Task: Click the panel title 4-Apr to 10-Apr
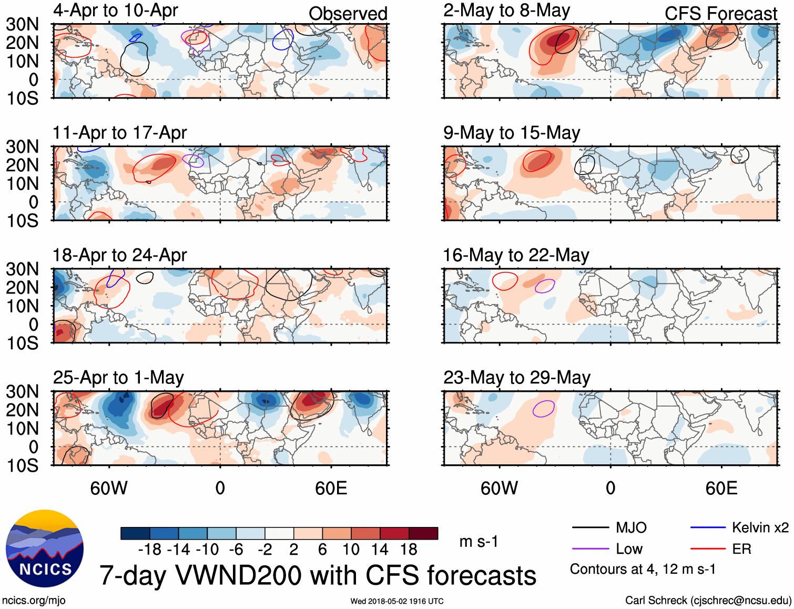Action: tap(115, 11)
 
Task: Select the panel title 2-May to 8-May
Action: tap(506, 11)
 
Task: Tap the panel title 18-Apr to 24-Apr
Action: tap(119, 255)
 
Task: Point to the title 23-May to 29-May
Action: tap(516, 378)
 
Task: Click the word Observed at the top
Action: tap(348, 14)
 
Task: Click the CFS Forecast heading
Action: tap(720, 14)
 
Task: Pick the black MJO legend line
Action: tap(590, 527)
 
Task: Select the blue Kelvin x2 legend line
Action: tap(708, 527)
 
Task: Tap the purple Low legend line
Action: tap(590, 549)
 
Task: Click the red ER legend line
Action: tap(708, 549)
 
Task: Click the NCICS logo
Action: tap(45, 549)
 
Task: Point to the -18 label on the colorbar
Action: tap(150, 550)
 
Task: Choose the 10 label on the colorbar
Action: tap(351, 550)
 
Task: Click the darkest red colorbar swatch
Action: tap(423, 533)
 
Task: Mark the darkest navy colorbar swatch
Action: tap(135, 533)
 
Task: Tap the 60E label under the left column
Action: tap(331, 489)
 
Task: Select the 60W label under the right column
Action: tap(499, 489)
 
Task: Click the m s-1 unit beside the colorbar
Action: tap(479, 541)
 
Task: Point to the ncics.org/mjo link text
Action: tap(34, 601)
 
